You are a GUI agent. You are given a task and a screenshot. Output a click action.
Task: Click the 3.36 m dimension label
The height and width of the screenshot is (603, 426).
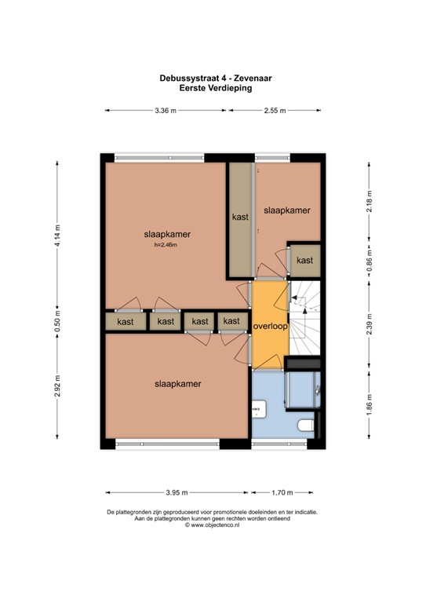pyautogui.click(x=166, y=111)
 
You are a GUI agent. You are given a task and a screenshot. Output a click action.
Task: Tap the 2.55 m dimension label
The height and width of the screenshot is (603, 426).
pyautogui.click(x=275, y=111)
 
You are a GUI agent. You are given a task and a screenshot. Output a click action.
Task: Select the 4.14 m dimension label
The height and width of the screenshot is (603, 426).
pyautogui.click(x=57, y=235)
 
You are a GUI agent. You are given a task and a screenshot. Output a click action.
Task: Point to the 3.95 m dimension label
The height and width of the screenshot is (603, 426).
pyautogui.click(x=177, y=492)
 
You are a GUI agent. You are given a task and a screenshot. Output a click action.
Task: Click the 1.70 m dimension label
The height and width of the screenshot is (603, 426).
pyautogui.click(x=282, y=492)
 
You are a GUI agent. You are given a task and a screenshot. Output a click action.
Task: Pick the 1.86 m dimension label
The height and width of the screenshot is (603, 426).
pyautogui.click(x=370, y=404)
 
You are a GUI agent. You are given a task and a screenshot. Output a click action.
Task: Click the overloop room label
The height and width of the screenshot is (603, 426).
pyautogui.click(x=271, y=326)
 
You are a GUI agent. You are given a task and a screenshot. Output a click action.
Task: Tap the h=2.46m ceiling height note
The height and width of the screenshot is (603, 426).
pyautogui.click(x=166, y=245)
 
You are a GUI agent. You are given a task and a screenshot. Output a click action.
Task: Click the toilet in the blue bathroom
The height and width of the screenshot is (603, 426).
pyautogui.click(x=306, y=426)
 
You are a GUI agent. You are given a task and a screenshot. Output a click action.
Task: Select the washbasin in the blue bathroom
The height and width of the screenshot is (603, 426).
pyautogui.click(x=260, y=409)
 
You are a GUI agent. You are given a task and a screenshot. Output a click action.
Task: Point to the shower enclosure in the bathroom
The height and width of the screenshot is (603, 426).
pyautogui.click(x=302, y=389)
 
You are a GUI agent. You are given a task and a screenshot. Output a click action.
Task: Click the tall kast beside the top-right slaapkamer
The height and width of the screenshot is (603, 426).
pyautogui.click(x=241, y=219)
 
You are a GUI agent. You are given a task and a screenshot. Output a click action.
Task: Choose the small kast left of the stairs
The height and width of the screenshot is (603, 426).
pyautogui.click(x=305, y=261)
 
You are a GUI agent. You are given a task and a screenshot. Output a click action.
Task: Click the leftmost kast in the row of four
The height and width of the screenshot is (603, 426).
pyautogui.click(x=126, y=321)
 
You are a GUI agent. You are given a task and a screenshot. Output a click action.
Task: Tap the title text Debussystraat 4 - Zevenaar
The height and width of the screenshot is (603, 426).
pyautogui.click(x=216, y=79)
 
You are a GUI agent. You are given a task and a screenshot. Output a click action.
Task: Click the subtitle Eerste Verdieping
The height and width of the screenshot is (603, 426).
pyautogui.click(x=216, y=88)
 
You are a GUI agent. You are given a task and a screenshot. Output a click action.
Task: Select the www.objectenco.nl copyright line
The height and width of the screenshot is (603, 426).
pyautogui.click(x=213, y=524)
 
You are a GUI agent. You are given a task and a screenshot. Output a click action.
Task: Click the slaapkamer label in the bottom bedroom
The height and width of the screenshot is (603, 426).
pyautogui.click(x=178, y=384)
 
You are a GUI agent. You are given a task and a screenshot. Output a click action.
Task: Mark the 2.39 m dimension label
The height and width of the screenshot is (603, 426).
pyautogui.click(x=370, y=323)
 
